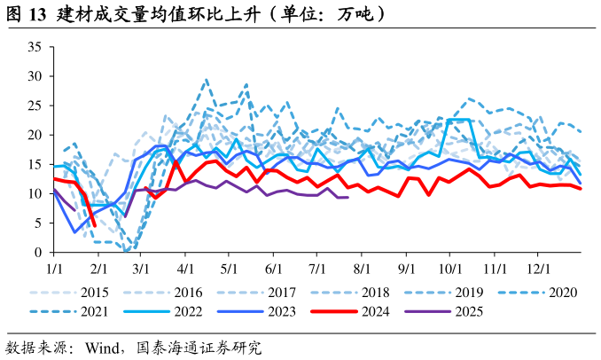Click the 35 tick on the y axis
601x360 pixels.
(x=35, y=47)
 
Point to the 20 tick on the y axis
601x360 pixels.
(x=35, y=135)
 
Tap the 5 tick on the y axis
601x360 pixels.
(x=39, y=223)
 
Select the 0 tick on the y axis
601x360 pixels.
(x=39, y=252)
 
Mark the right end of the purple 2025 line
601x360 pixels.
(x=347, y=197)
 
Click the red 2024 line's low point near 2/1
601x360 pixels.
(x=94, y=225)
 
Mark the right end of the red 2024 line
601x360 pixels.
(x=581, y=188)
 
